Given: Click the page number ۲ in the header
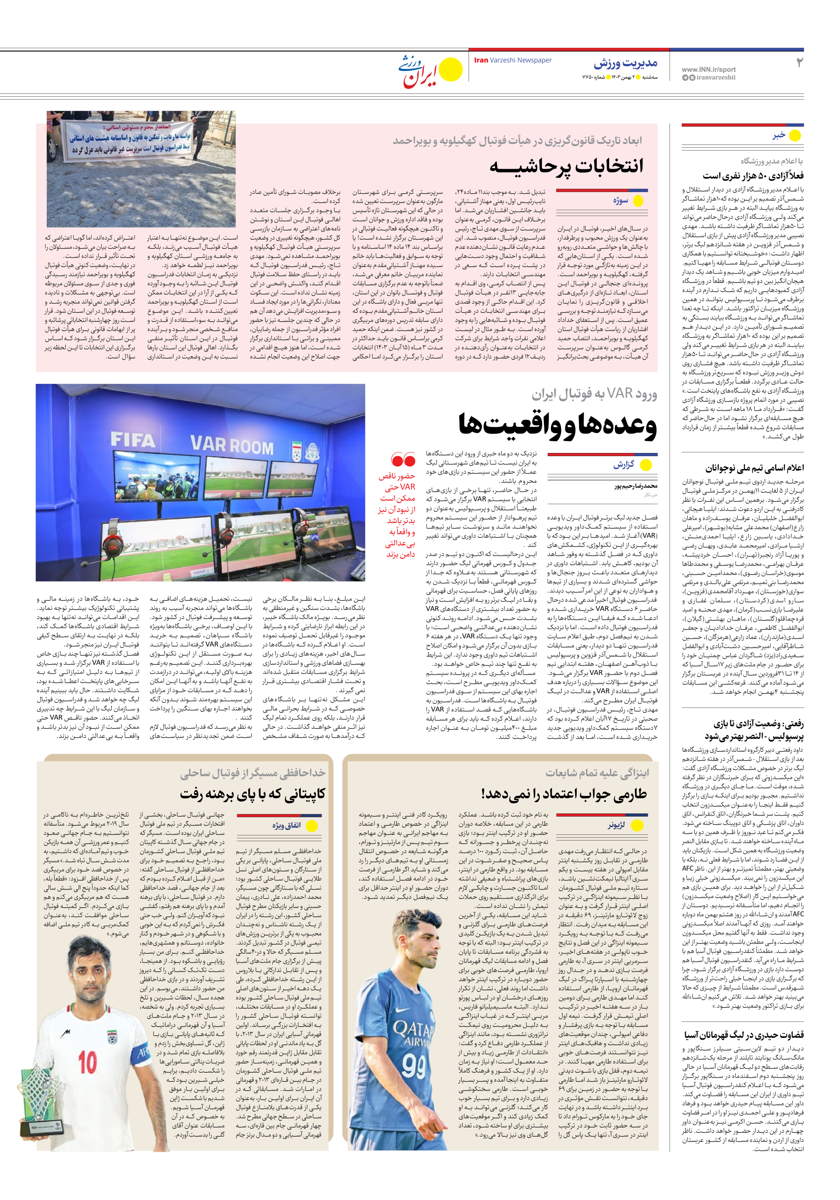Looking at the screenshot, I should (799, 63).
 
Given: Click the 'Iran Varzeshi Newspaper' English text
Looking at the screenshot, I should (512, 60).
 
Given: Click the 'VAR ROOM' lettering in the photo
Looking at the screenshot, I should (232, 445).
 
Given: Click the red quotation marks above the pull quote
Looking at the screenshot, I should (403, 460).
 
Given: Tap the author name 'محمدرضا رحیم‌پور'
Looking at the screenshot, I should (636, 486).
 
